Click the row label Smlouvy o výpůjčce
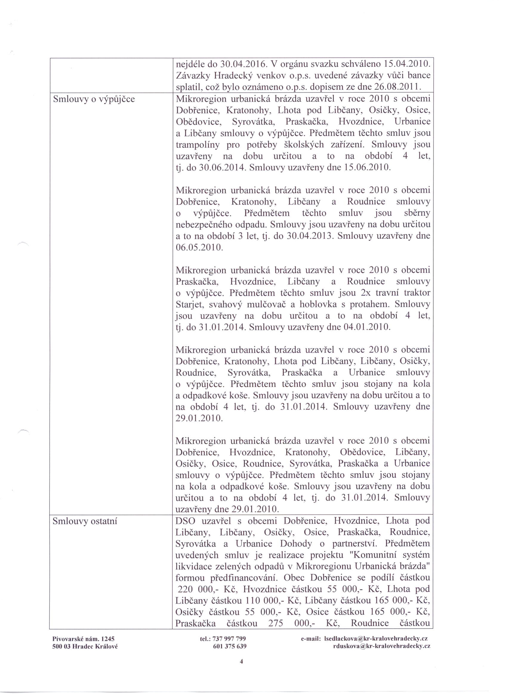94,99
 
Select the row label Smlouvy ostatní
85,521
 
